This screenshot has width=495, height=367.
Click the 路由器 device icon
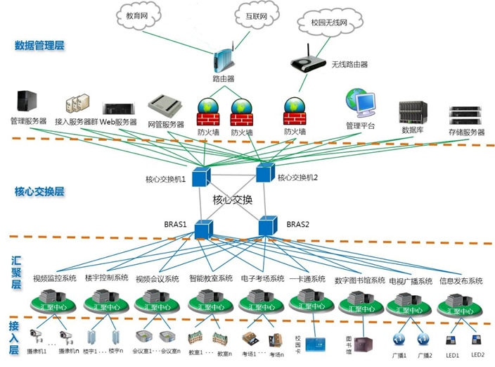click(224, 59)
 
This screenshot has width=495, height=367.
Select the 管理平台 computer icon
click(361, 105)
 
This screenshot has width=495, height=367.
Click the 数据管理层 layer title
click(40, 46)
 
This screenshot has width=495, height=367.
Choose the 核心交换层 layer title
click(39, 191)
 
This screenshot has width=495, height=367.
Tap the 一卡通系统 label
click(307, 278)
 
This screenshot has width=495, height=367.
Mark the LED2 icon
click(477, 340)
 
